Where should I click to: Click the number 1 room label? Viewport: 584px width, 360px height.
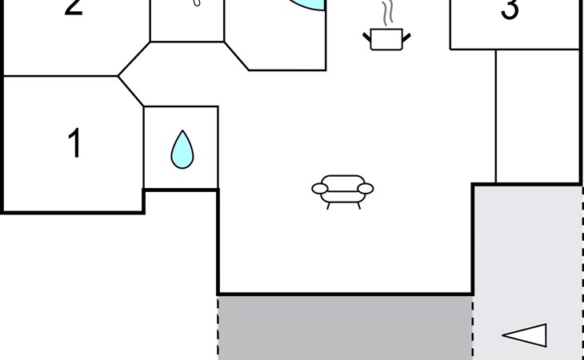click(75, 142)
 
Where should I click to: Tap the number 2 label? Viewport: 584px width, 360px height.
click(74, 7)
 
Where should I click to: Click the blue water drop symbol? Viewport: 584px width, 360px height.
click(182, 150)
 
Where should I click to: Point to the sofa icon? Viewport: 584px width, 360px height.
click(342, 192)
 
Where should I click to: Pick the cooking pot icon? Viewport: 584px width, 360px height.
click(386, 39)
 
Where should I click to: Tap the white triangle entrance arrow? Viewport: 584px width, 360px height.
click(525, 335)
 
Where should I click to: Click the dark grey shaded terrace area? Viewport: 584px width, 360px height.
click(346, 328)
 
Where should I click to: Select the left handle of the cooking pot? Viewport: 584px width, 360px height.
click(367, 38)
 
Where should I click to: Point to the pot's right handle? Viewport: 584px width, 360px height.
click(406, 38)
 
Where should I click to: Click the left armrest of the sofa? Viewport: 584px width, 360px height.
click(320, 189)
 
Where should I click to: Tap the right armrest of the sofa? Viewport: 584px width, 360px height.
click(366, 189)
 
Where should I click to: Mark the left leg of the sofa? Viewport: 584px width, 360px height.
click(328, 206)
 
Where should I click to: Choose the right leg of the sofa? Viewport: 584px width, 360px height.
click(358, 206)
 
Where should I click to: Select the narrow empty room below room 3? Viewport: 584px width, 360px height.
click(538, 116)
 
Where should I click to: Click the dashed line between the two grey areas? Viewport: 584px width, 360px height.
click(473, 328)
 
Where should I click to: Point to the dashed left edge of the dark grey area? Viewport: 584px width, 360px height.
click(218, 328)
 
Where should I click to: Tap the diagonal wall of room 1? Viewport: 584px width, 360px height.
click(130, 91)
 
